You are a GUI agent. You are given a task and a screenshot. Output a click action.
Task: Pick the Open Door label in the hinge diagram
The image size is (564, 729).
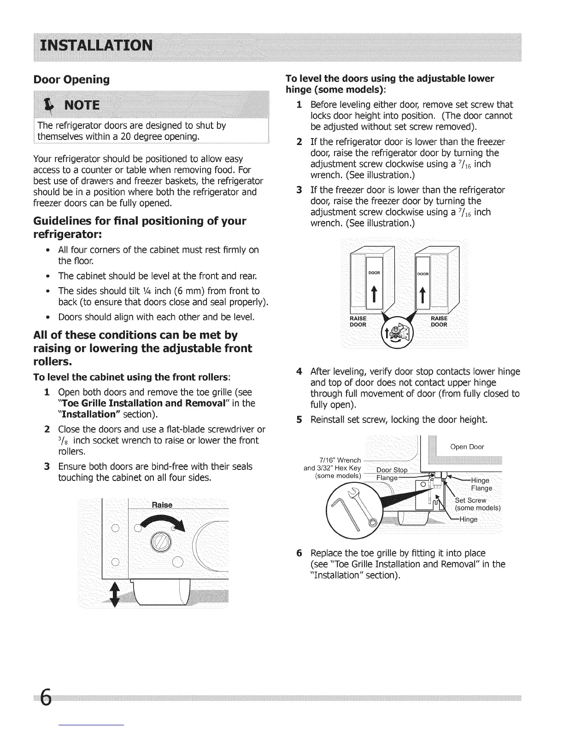[467, 446]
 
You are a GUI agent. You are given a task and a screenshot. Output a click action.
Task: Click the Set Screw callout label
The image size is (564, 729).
[470, 500]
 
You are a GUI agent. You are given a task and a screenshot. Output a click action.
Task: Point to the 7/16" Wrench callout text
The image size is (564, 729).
[340, 460]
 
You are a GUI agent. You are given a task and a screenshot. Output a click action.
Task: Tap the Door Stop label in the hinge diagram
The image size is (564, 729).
[392, 470]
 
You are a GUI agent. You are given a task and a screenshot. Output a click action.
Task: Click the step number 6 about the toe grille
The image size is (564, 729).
[299, 552]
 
